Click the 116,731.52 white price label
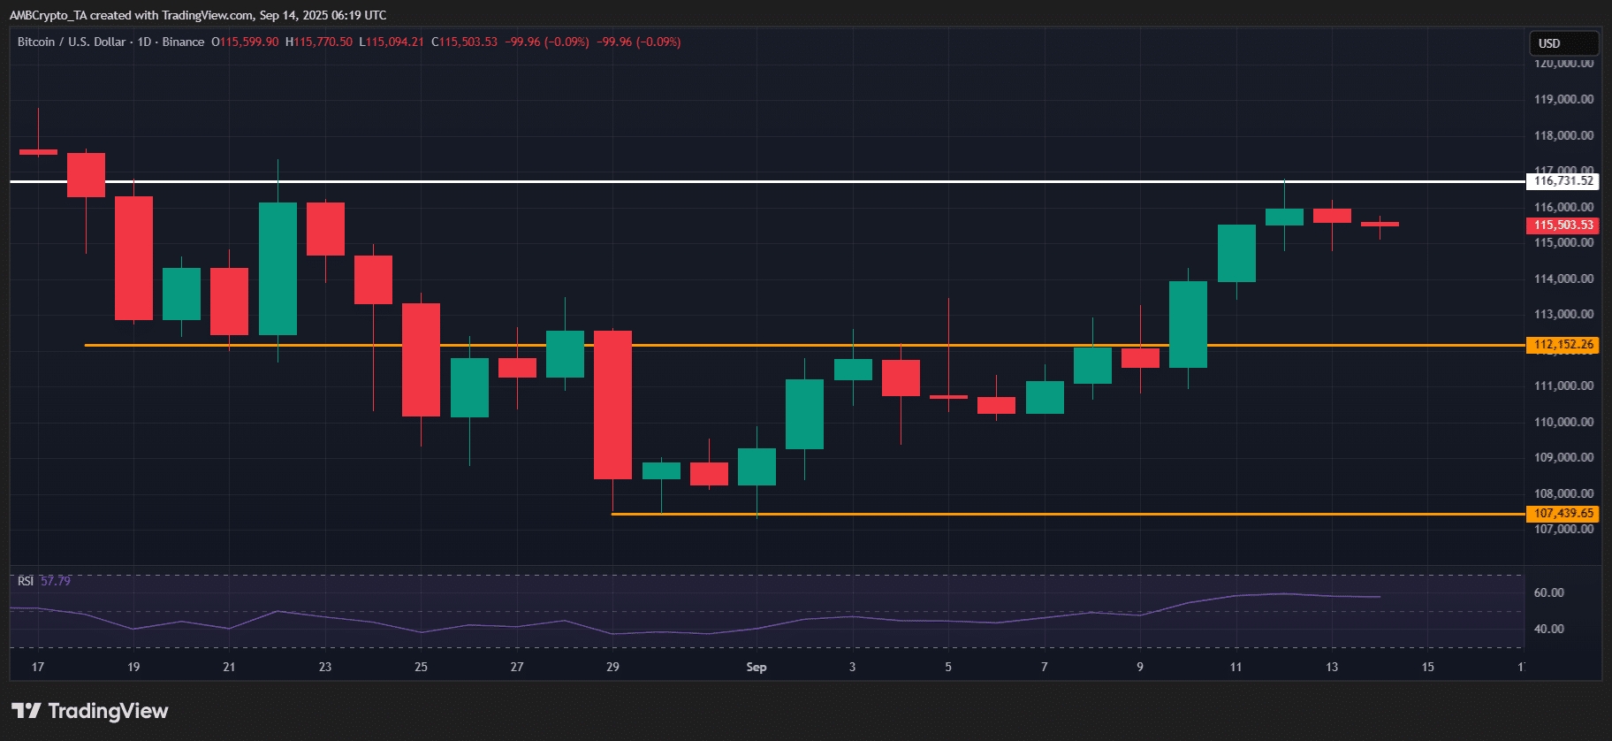pyautogui.click(x=1563, y=181)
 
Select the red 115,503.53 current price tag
pyautogui.click(x=1563, y=225)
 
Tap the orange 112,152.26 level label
pyautogui.click(x=1563, y=345)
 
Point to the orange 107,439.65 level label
pyautogui.click(x=1563, y=514)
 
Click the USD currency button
pyautogui.click(x=1563, y=43)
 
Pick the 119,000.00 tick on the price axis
pyautogui.click(x=1563, y=100)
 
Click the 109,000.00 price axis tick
pyautogui.click(x=1563, y=458)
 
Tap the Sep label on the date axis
pyautogui.click(x=757, y=667)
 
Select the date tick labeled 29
pyautogui.click(x=612, y=667)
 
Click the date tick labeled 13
pyautogui.click(x=1332, y=667)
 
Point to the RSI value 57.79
pyautogui.click(x=56, y=581)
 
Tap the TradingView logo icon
pyautogui.click(x=27, y=711)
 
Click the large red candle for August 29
pyautogui.click(x=612, y=405)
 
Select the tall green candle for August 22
pyautogui.click(x=278, y=269)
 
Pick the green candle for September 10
pyautogui.click(x=1188, y=325)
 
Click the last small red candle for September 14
pyautogui.click(x=1380, y=225)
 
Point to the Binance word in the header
pyautogui.click(x=183, y=42)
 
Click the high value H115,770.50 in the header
pyautogui.click(x=319, y=42)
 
